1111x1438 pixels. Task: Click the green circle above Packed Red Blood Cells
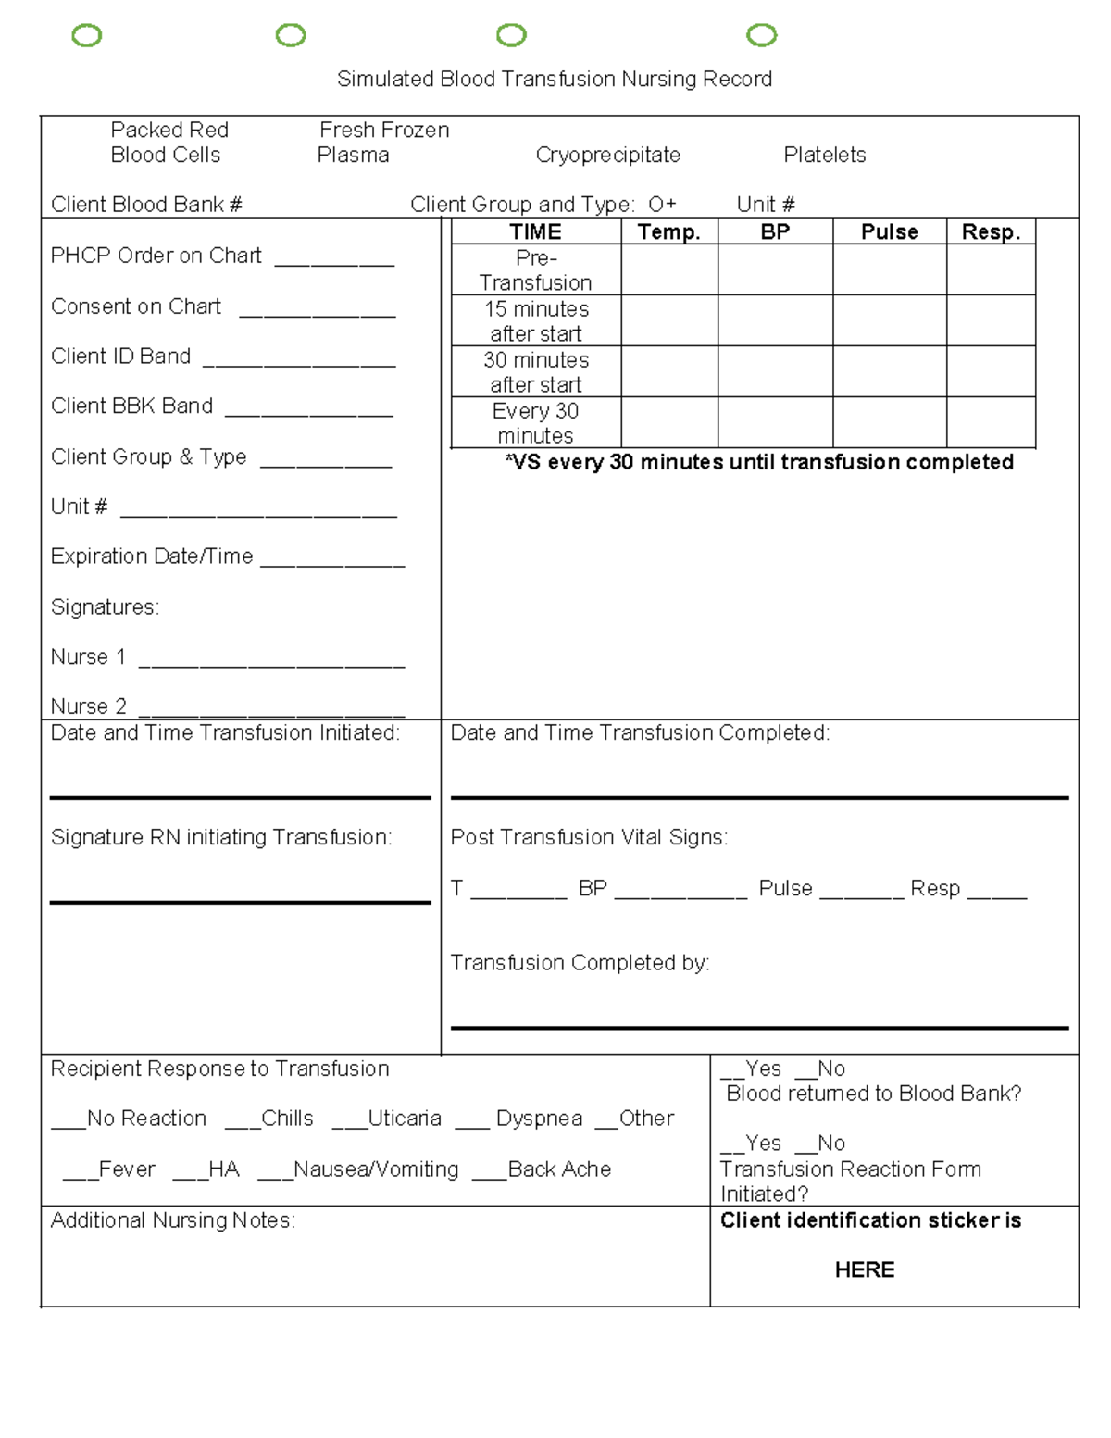point(87,36)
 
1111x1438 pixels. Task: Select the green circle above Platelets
point(761,35)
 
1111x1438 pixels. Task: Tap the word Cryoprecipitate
point(607,155)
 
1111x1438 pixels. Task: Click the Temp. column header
point(668,231)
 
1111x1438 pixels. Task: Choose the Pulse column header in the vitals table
point(889,231)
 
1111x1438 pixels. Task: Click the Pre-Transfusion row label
point(535,270)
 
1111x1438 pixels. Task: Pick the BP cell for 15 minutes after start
point(775,320)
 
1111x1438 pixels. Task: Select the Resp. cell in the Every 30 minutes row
point(990,423)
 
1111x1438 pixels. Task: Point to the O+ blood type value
point(662,205)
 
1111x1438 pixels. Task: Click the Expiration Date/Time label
point(152,556)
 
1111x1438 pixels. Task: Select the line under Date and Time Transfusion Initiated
point(240,796)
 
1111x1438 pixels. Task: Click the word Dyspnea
point(539,1119)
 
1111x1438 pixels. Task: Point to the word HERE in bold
point(864,1269)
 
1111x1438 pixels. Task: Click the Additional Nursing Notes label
point(173,1220)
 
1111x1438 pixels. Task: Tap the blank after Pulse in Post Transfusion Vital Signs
point(861,895)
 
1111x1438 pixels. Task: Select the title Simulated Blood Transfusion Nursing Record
point(555,80)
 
